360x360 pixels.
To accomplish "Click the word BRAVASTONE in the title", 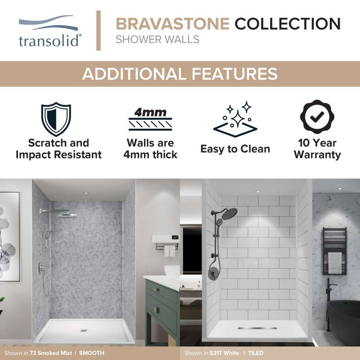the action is coord(173,24).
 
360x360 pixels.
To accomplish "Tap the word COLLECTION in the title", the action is coord(288,24).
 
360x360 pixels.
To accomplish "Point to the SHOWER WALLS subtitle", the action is coord(157,40).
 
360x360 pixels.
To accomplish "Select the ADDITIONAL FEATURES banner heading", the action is coord(180,74).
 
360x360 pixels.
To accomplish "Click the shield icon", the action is coord(56,119).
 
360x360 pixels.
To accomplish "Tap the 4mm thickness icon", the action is coord(150,119).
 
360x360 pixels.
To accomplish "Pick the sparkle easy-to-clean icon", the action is coord(235,119).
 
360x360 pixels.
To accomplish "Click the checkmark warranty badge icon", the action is coord(317,117).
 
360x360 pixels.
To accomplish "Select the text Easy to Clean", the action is coord(235,149).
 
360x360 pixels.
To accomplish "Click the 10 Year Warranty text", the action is coord(317,149).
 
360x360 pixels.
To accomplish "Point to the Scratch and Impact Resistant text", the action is coord(58,149).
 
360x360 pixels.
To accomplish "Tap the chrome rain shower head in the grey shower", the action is coord(67,215).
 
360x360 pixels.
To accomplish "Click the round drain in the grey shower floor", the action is coord(84,331).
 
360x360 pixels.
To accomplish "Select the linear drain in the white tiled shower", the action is coord(257,328).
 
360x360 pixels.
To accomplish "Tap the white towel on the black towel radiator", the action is coord(334,263).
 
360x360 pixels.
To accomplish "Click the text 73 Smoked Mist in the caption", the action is coord(51,353).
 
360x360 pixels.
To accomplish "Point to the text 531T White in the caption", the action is coord(224,353).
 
